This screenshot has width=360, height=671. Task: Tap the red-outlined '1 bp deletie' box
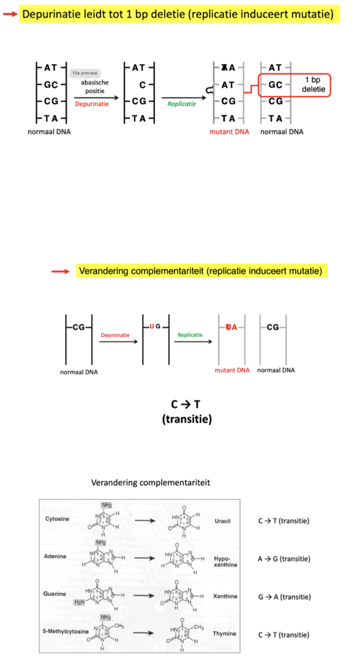(x=294, y=84)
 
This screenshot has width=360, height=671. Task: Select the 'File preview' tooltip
(x=85, y=73)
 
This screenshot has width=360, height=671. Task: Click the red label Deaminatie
(x=115, y=335)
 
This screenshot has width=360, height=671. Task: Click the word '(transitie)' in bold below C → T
(x=186, y=419)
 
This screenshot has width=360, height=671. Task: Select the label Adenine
(x=57, y=556)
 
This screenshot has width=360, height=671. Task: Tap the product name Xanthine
(x=225, y=596)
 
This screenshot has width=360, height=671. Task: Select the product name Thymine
(x=224, y=634)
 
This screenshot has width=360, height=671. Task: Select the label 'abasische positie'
(x=95, y=88)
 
